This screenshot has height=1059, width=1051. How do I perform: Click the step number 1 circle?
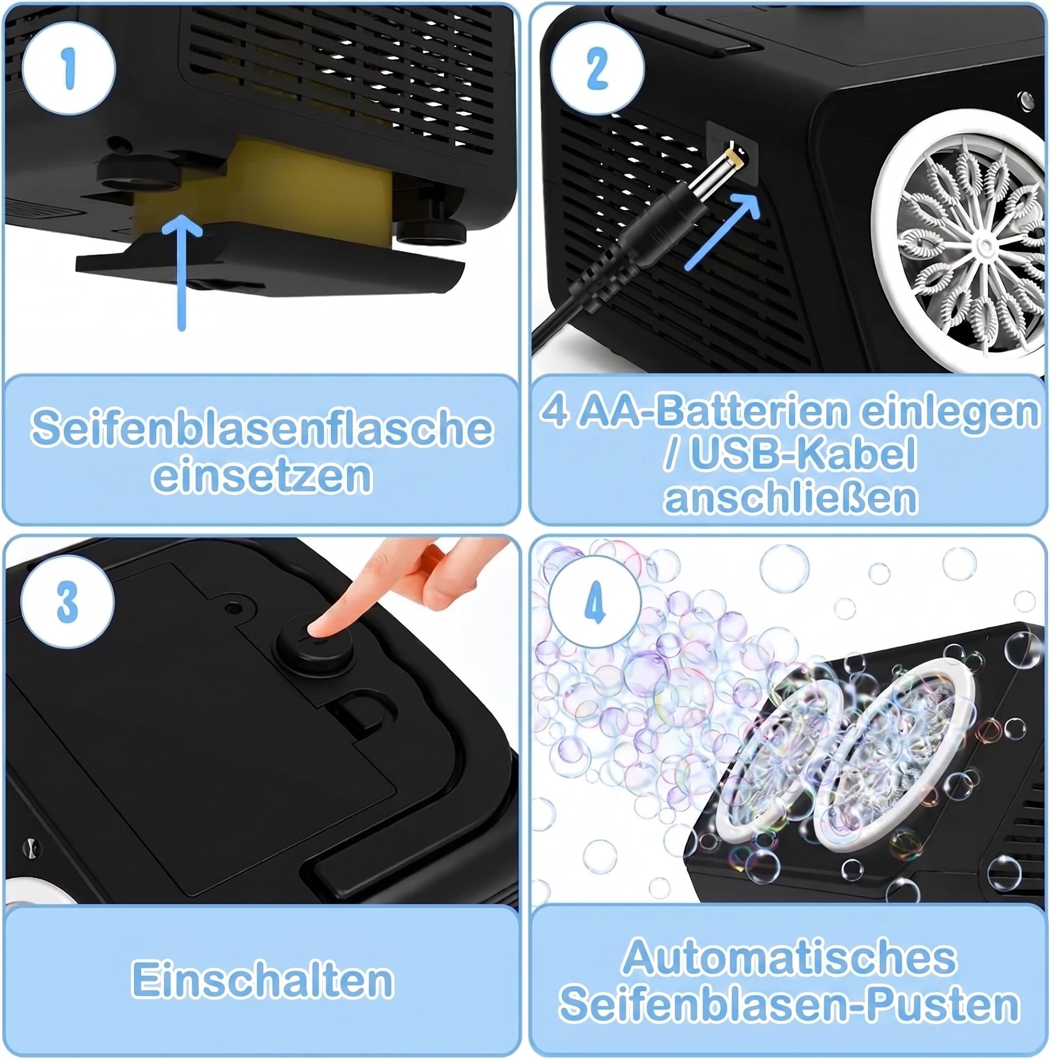click(x=69, y=69)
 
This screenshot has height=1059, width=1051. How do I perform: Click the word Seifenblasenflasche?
click(x=262, y=428)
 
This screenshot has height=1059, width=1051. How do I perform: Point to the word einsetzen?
click(x=262, y=475)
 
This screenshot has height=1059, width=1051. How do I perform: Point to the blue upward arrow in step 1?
click(x=182, y=272)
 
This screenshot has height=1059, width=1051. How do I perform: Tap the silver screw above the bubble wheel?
click(x=1024, y=101)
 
